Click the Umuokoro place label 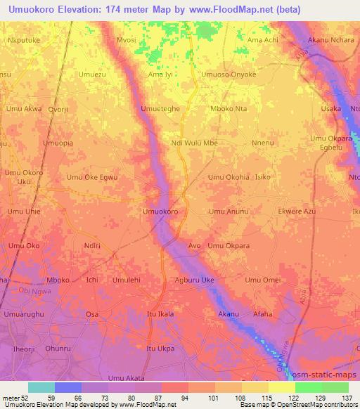tap(160, 211)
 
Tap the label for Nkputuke tap(22, 40)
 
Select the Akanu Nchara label tap(331, 40)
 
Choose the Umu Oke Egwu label tap(92, 178)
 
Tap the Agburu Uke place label tap(194, 280)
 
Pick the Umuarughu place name tap(24, 314)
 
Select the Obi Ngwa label tap(34, 291)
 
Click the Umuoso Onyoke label tap(229, 74)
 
